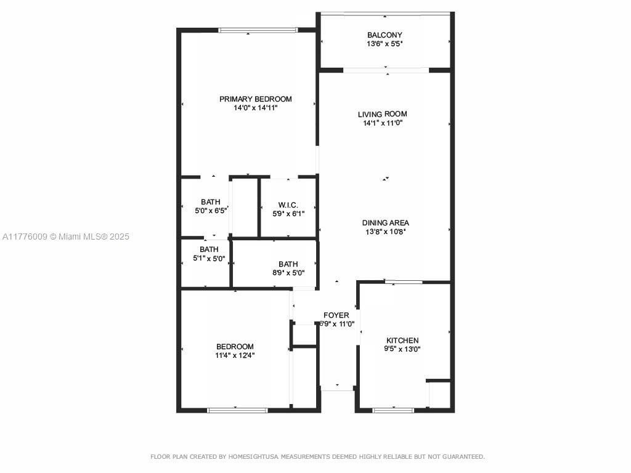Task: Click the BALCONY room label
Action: point(385,35)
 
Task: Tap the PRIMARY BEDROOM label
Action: point(255,99)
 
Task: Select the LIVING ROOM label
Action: point(382,114)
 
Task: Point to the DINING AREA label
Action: point(385,223)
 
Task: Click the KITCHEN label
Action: point(402,341)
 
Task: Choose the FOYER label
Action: point(336,315)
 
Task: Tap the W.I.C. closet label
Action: point(288,205)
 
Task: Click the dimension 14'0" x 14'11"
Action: point(255,108)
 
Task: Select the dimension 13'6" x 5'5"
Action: point(385,44)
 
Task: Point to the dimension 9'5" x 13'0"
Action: point(402,349)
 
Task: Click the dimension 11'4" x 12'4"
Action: point(235,355)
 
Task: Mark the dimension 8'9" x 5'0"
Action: point(288,273)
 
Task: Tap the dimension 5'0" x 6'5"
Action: point(210,210)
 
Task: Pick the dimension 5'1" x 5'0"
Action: point(209,258)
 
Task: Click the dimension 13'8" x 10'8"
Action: point(385,232)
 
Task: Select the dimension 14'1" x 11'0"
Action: point(382,123)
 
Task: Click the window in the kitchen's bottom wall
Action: point(393,410)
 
